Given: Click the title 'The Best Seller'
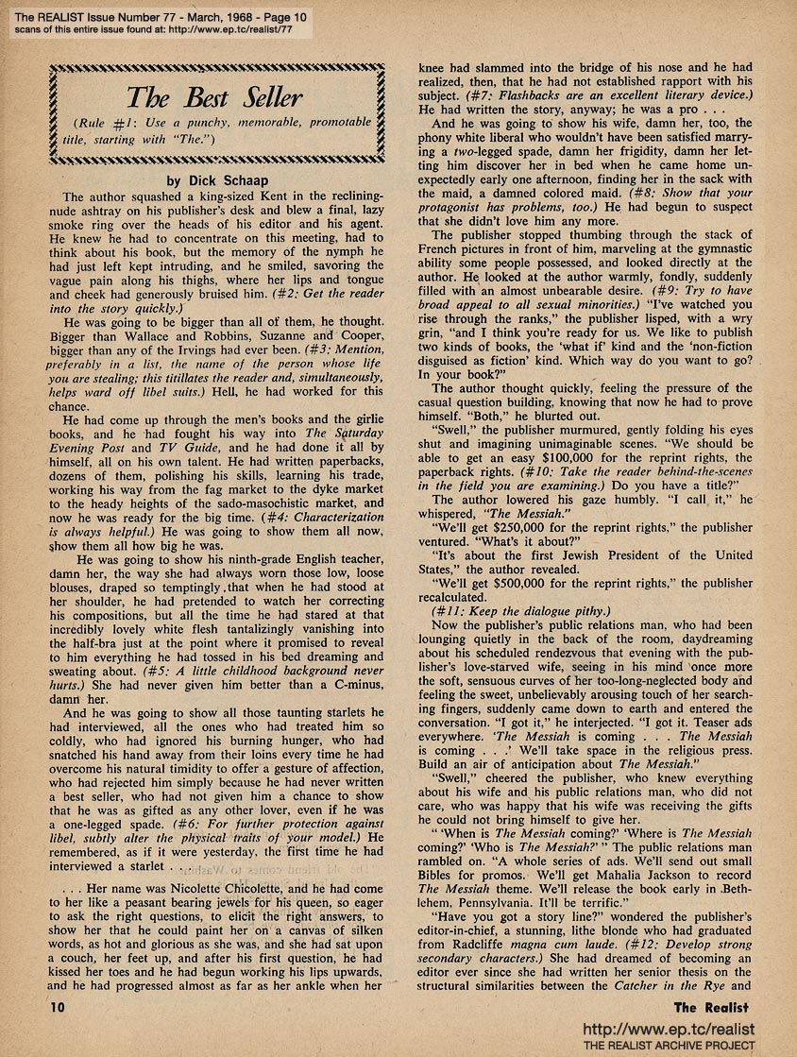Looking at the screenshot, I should pos(214,97).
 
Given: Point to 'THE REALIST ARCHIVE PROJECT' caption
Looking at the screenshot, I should pos(670,1045).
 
